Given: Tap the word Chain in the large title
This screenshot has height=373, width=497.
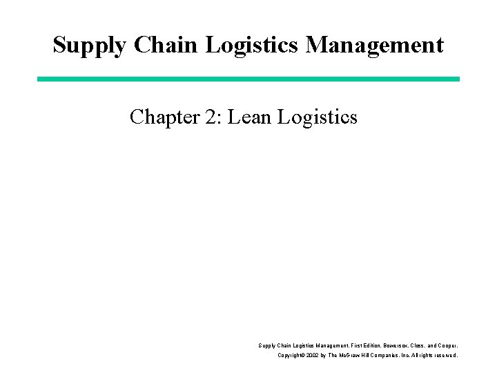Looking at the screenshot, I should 165,45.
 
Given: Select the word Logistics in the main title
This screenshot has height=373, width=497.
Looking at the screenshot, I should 252,45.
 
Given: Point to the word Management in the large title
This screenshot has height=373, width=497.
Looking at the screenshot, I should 375,45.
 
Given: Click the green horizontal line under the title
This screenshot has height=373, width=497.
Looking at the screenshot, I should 248,79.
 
